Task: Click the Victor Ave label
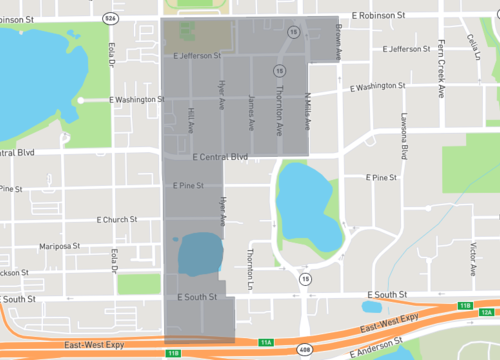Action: [x=472, y=259]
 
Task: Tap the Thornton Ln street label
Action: [x=250, y=264]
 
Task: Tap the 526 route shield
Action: [x=108, y=17]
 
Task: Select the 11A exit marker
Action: [x=266, y=342]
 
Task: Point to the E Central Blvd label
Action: [x=219, y=157]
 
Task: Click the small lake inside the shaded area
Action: [x=199, y=254]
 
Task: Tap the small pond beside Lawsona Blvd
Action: [x=373, y=307]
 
